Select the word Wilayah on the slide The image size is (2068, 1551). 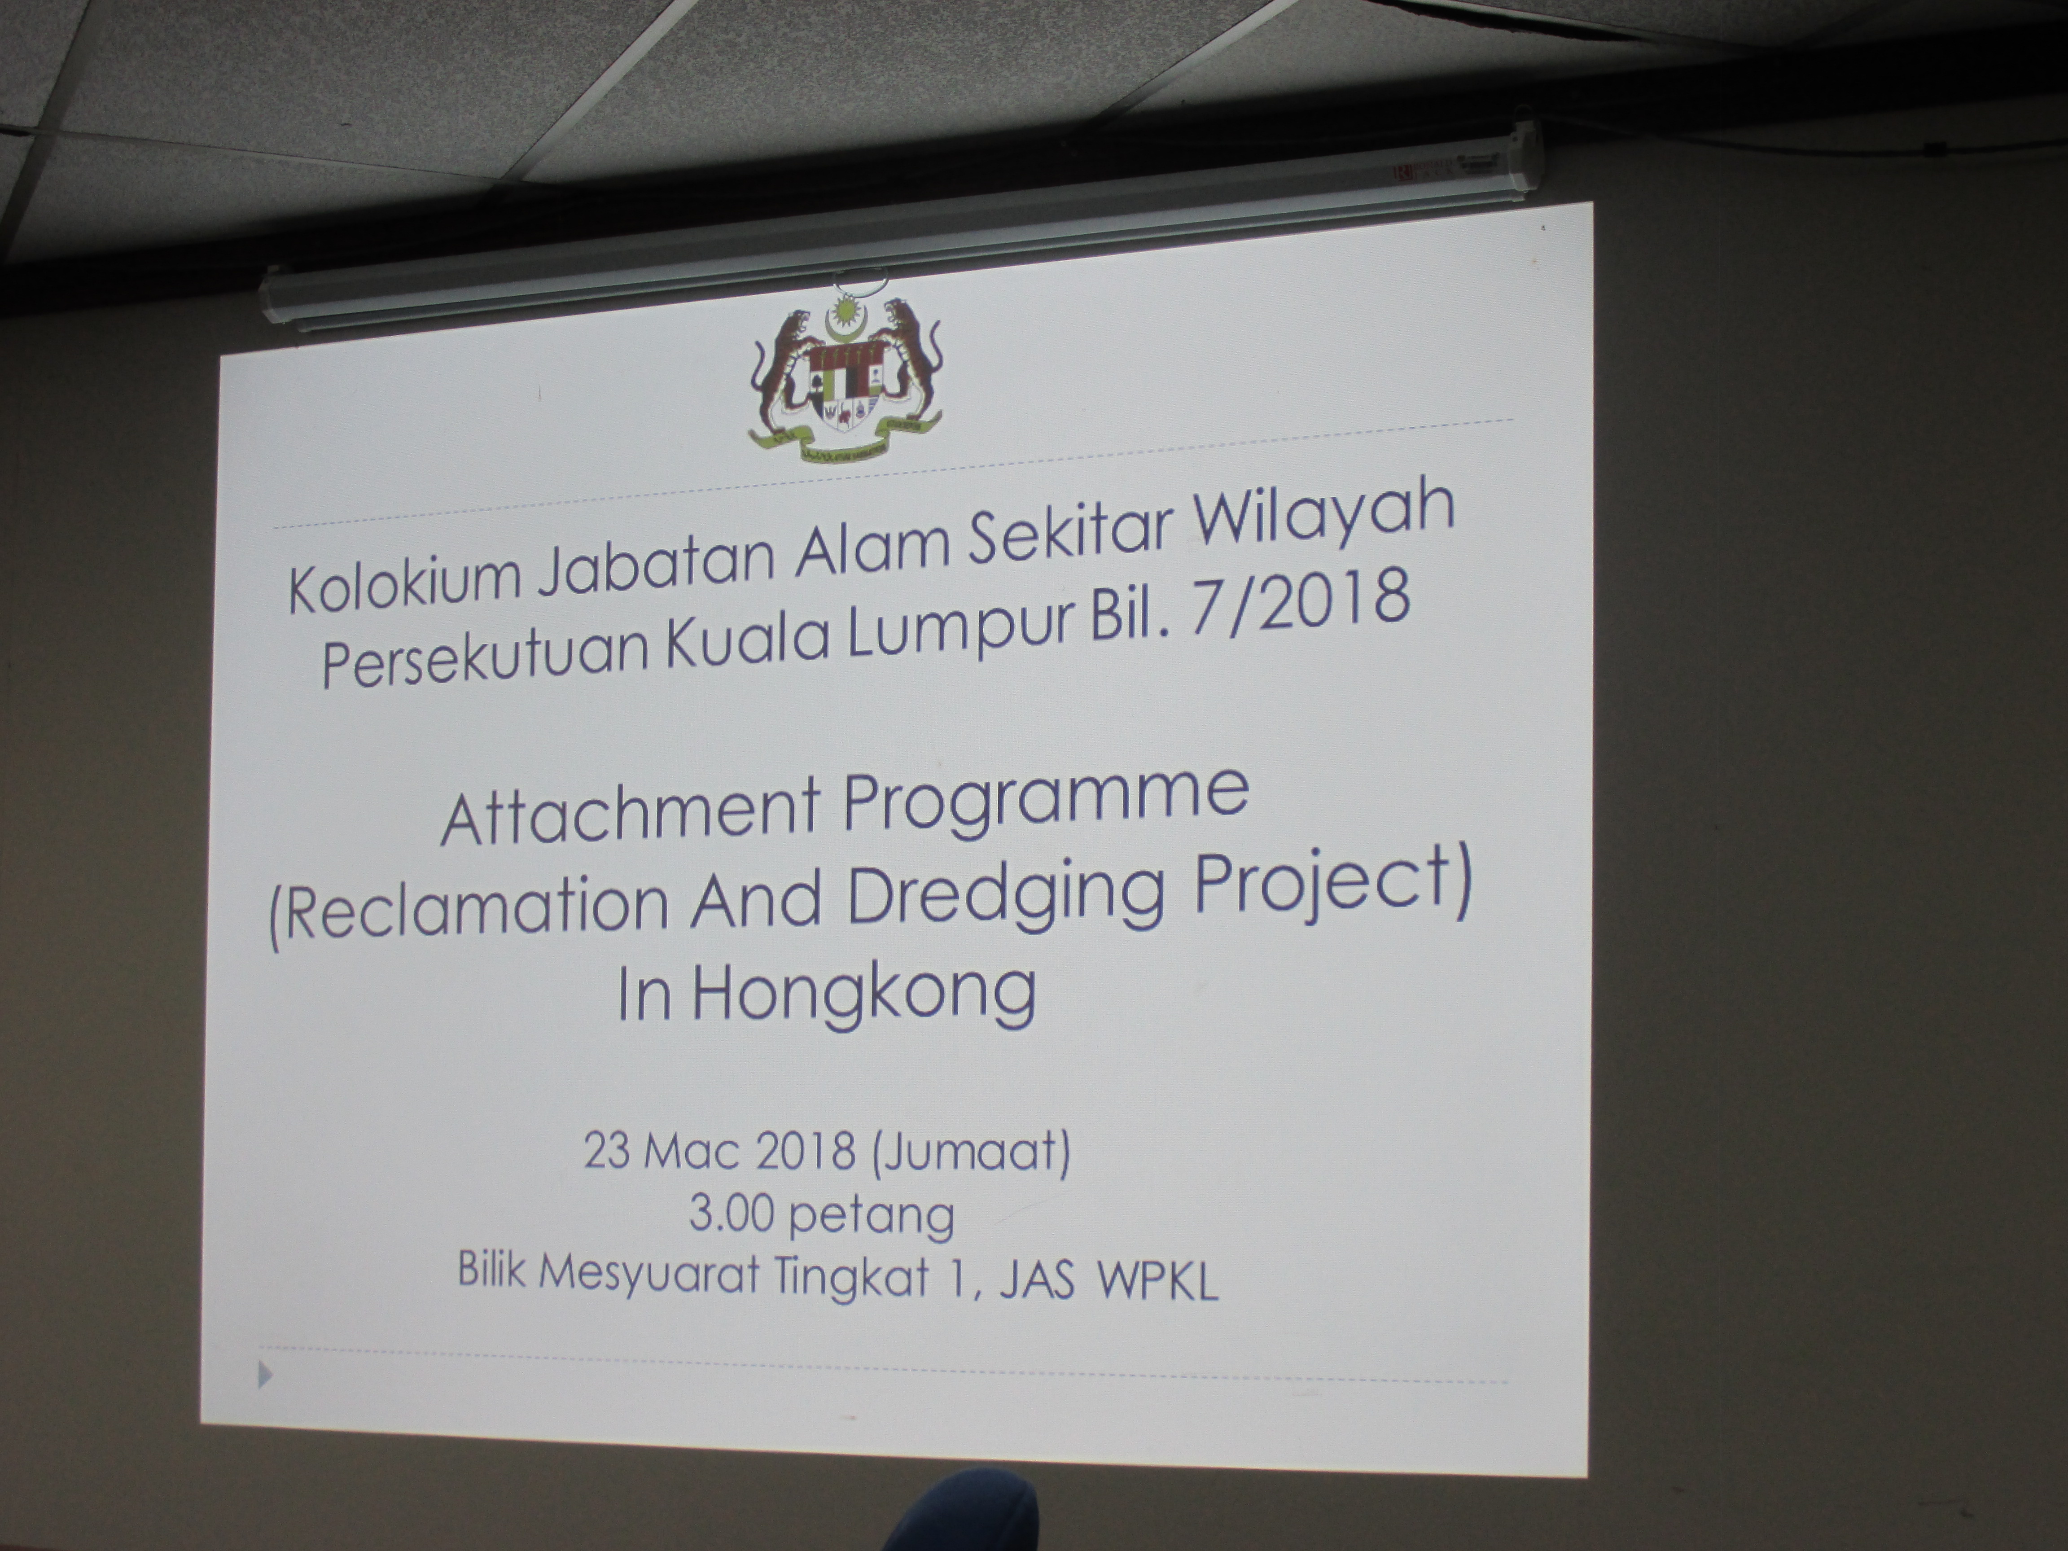click(x=1326, y=521)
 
